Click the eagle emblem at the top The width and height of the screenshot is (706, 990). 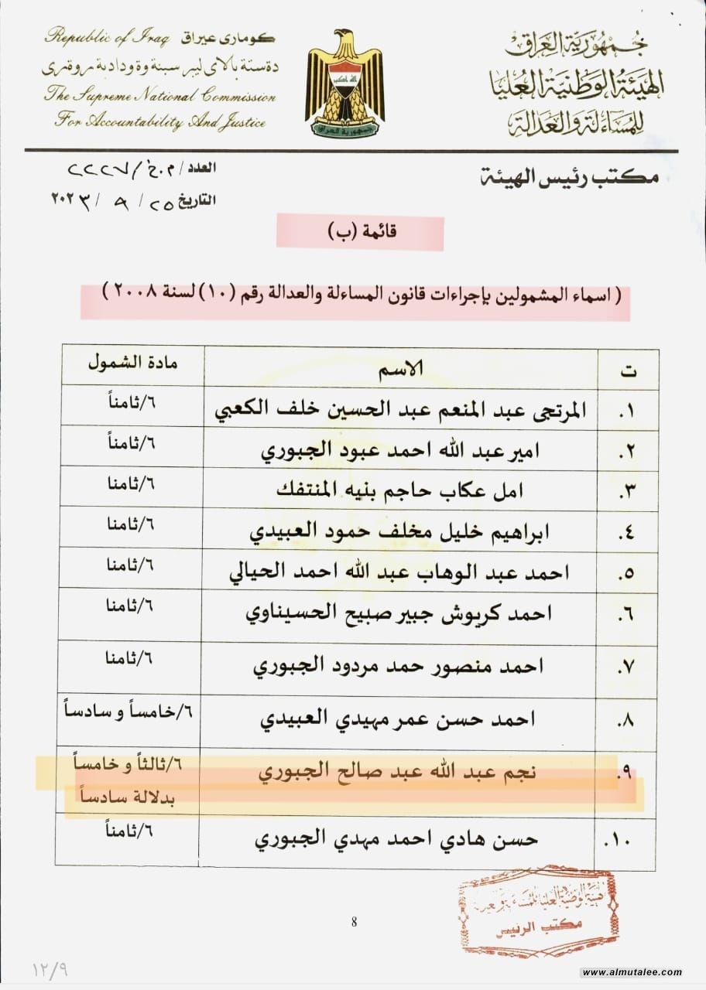(344, 84)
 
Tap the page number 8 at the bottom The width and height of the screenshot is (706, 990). (354, 921)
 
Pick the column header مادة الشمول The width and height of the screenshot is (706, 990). (131, 363)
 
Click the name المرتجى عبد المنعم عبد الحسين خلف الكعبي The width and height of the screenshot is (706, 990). (399, 411)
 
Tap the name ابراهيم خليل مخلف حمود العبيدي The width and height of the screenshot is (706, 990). (410, 532)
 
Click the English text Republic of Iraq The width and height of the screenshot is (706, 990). (111, 36)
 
